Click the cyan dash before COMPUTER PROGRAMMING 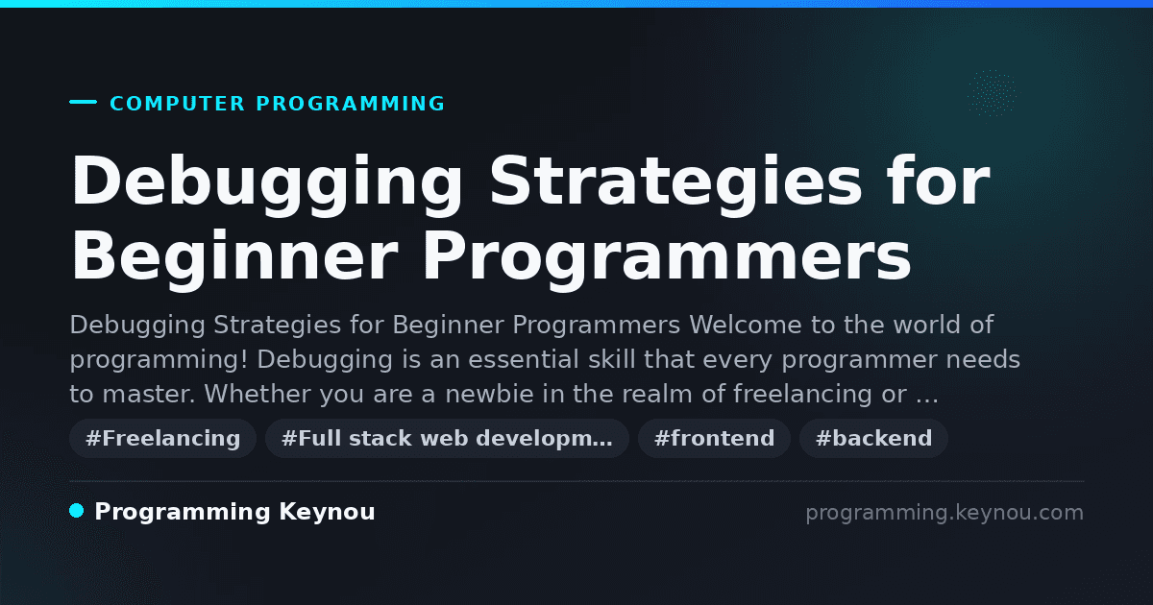(83, 102)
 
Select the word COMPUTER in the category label (178, 104)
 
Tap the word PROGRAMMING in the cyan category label (351, 104)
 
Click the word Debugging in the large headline (268, 184)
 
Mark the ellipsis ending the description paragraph (927, 399)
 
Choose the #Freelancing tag (162, 438)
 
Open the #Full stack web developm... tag (447, 438)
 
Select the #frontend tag (714, 438)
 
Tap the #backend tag (873, 438)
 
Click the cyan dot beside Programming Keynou (77, 511)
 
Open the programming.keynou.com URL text (944, 513)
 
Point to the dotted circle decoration (992, 93)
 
